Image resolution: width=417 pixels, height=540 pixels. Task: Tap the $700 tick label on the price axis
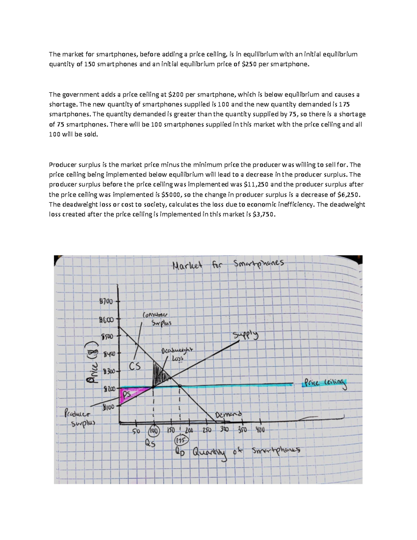point(106,301)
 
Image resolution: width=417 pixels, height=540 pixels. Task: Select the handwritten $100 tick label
point(108,406)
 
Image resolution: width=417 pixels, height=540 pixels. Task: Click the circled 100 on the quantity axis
point(153,431)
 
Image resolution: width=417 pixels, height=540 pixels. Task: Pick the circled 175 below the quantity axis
point(181,440)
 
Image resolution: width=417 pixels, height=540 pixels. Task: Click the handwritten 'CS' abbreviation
point(134,366)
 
